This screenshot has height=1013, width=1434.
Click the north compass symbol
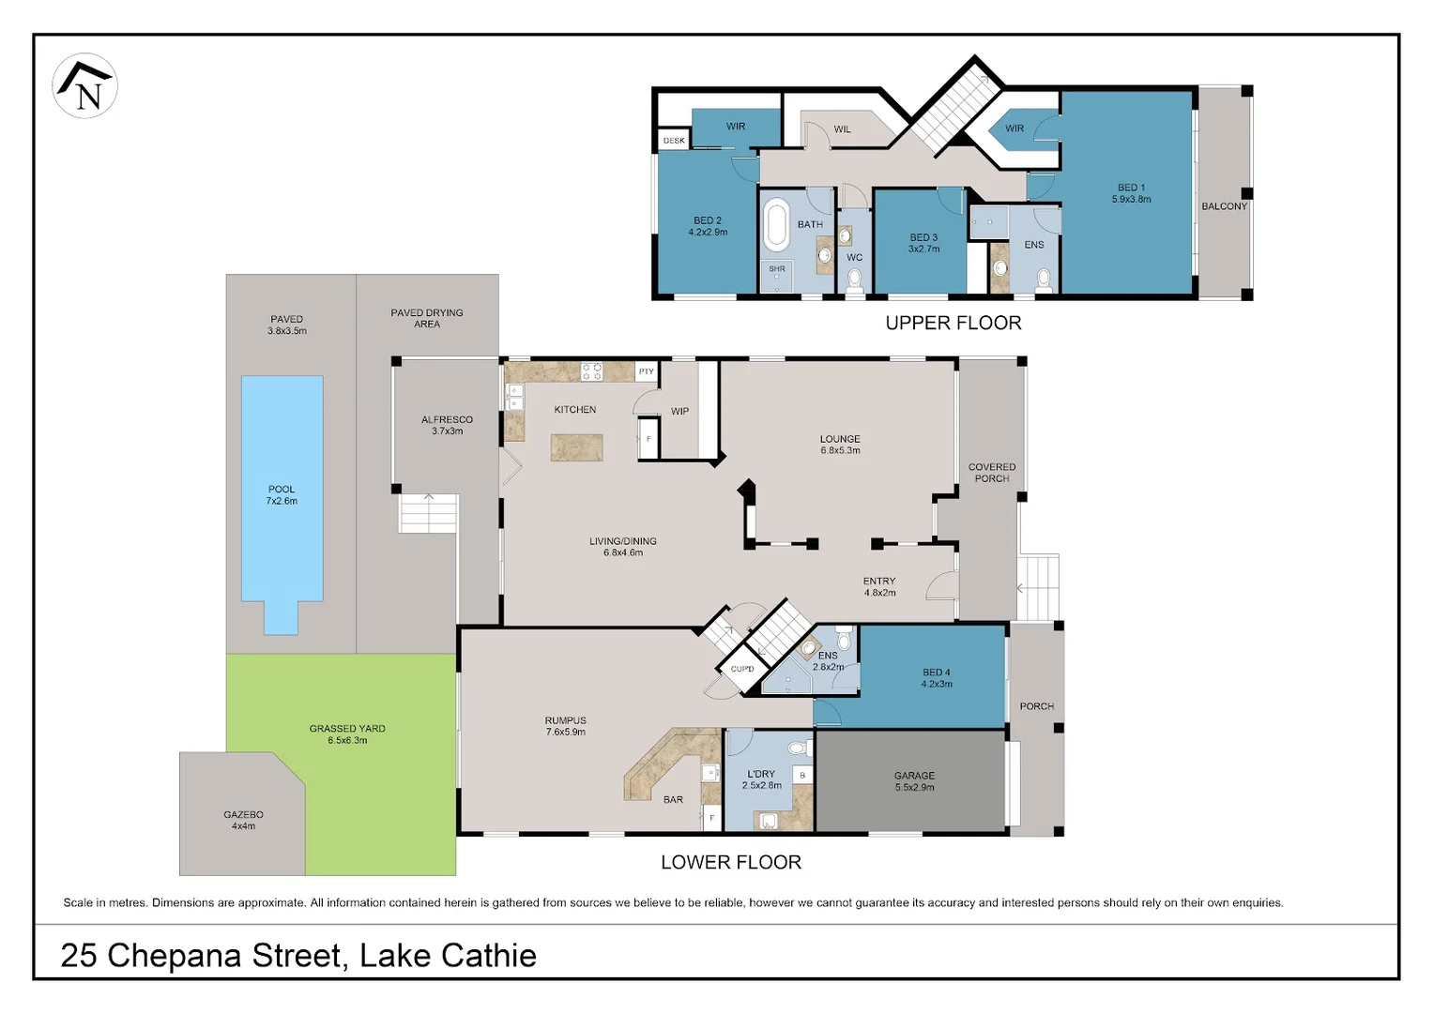(84, 85)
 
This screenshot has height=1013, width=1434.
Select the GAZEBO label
(243, 815)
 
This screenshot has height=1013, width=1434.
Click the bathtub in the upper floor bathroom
(776, 224)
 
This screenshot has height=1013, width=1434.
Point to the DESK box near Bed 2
(674, 140)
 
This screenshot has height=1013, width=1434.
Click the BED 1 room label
(1131, 188)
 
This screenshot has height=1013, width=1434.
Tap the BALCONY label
(1224, 206)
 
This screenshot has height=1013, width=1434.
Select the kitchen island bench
(576, 447)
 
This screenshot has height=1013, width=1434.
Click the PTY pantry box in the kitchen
(647, 371)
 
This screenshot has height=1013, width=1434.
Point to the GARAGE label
(914, 775)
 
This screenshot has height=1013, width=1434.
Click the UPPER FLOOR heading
(953, 324)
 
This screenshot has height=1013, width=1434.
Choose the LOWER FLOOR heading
(731, 862)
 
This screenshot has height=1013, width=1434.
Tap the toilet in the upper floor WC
(855, 280)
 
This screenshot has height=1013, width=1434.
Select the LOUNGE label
(840, 439)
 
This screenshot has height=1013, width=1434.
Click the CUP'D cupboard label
(742, 669)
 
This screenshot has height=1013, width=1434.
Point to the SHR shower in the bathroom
(776, 276)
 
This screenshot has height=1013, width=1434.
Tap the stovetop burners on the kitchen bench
(591, 371)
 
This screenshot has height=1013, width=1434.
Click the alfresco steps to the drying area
(428, 513)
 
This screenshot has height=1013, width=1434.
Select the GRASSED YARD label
(347, 728)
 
